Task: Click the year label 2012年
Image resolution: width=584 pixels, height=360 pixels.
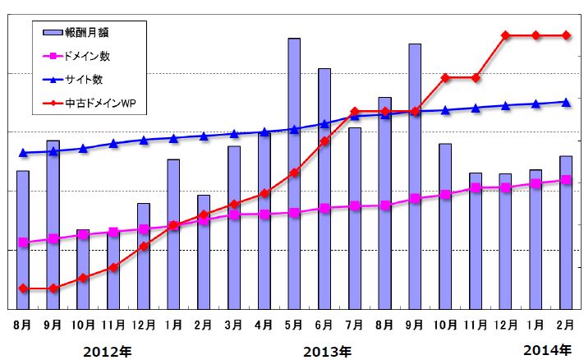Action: (x=107, y=352)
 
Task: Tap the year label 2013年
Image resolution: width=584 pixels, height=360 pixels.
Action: (x=326, y=352)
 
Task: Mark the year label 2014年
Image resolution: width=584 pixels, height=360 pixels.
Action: (x=546, y=352)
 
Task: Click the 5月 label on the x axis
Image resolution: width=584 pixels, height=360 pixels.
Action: (x=293, y=325)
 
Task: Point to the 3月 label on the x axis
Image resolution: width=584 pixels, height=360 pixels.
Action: (x=233, y=325)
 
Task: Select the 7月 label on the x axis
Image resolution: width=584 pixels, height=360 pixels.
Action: (x=354, y=325)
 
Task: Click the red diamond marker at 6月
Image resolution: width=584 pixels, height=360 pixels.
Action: (x=324, y=141)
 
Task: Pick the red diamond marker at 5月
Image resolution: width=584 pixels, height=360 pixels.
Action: (x=293, y=173)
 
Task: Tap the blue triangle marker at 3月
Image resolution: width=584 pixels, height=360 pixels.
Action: (x=233, y=133)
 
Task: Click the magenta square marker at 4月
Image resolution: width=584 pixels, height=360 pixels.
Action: (x=264, y=215)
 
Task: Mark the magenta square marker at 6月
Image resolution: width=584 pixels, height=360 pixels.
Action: (x=324, y=208)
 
